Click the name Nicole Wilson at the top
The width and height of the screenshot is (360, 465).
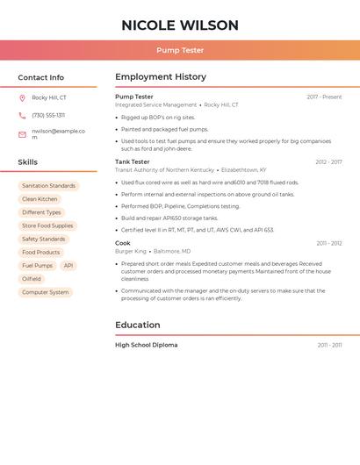click(x=180, y=25)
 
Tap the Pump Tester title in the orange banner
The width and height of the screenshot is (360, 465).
click(x=180, y=51)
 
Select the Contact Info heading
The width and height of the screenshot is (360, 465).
click(x=41, y=77)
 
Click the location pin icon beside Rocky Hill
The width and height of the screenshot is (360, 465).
click(x=22, y=98)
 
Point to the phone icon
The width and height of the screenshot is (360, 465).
click(x=22, y=116)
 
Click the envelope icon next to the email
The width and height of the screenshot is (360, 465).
click(x=22, y=134)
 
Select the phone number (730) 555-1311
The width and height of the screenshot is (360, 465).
click(x=48, y=116)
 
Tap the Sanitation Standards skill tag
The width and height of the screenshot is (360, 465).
click(x=48, y=186)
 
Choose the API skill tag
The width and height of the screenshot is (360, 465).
click(x=68, y=266)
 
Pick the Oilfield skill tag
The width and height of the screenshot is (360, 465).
click(x=32, y=279)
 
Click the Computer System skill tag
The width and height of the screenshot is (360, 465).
click(x=45, y=292)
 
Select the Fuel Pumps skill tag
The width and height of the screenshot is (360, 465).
click(x=38, y=266)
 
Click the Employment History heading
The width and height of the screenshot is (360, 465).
click(x=161, y=77)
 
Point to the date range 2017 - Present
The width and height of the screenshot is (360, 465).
click(x=324, y=97)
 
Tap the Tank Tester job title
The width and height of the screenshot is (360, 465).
click(x=133, y=162)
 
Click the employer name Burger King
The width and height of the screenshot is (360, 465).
click(x=131, y=251)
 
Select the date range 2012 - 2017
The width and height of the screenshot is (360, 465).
click(x=328, y=162)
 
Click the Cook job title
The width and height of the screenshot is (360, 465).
click(x=123, y=243)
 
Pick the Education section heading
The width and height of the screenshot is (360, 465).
click(x=138, y=325)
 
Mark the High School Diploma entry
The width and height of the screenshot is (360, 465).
click(x=147, y=346)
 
